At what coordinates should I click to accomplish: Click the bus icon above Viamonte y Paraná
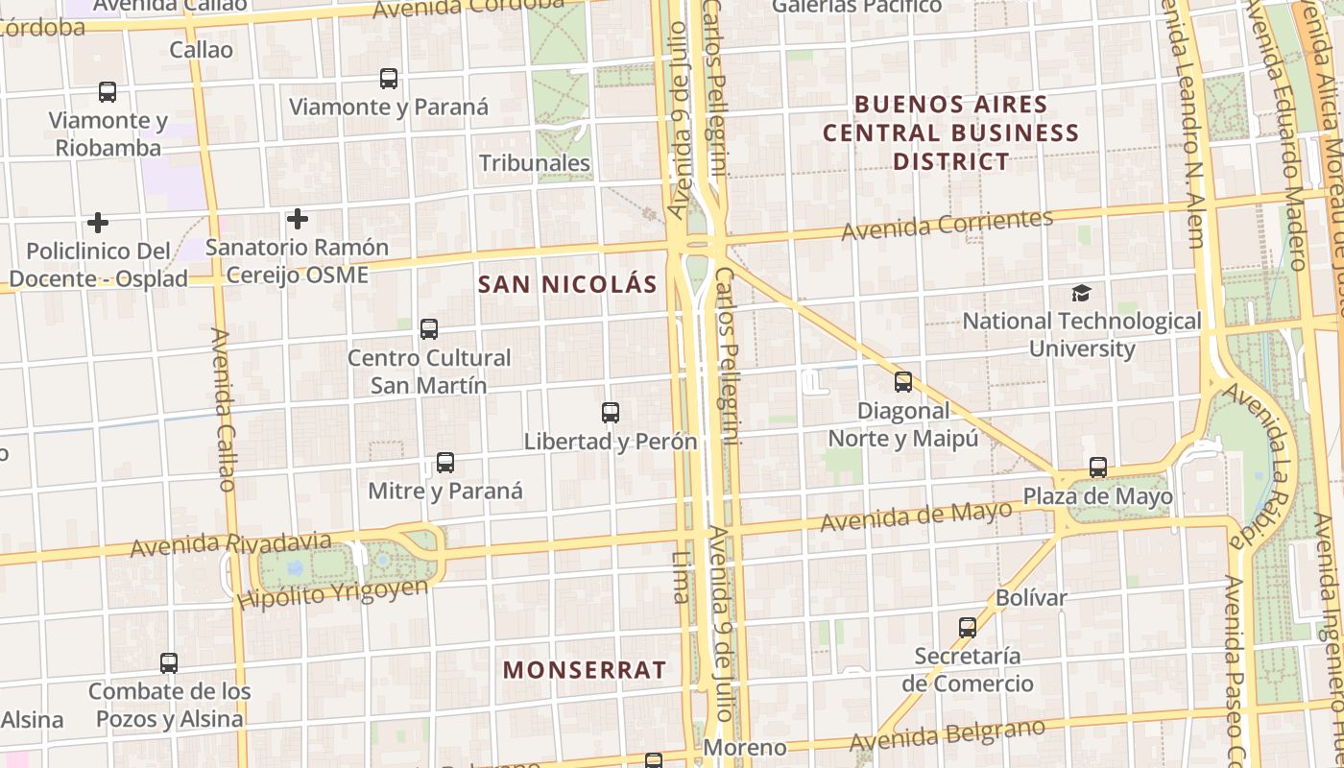[x=389, y=79]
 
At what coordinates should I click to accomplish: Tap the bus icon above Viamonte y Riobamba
[x=108, y=92]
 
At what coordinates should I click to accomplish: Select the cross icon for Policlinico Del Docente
[x=97, y=223]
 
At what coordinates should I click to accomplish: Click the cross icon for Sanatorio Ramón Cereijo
[x=298, y=219]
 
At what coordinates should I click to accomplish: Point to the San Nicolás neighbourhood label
[x=567, y=284]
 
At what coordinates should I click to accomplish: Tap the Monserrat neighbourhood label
[x=585, y=670]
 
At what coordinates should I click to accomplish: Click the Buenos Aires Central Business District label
[x=950, y=132]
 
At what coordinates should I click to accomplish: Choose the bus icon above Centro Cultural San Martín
[x=429, y=329]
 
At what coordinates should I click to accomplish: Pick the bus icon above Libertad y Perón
[x=611, y=413]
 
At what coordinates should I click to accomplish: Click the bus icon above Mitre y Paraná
[x=445, y=463]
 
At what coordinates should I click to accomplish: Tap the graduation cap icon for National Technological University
[x=1082, y=293]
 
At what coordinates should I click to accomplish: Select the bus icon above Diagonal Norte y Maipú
[x=903, y=382]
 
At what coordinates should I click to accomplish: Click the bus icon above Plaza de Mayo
[x=1098, y=468]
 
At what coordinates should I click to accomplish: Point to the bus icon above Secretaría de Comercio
[x=968, y=628]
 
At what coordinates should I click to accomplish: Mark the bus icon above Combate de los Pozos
[x=169, y=662]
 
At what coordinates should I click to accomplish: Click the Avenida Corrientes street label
[x=948, y=225]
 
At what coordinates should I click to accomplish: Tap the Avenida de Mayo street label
[x=916, y=516]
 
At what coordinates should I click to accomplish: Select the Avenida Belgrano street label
[x=947, y=735]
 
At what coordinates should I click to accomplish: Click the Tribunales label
[x=535, y=163]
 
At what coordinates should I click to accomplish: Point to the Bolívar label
[x=1031, y=598]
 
